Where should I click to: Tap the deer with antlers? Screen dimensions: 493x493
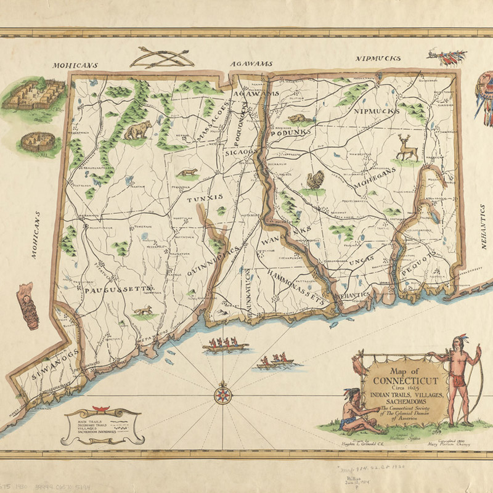click(407, 148)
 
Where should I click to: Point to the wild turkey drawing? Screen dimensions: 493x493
click(316, 181)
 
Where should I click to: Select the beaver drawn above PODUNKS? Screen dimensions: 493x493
click(297, 118)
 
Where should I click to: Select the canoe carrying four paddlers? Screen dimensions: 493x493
click(222, 346)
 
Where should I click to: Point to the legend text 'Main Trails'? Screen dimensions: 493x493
click(92, 420)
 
